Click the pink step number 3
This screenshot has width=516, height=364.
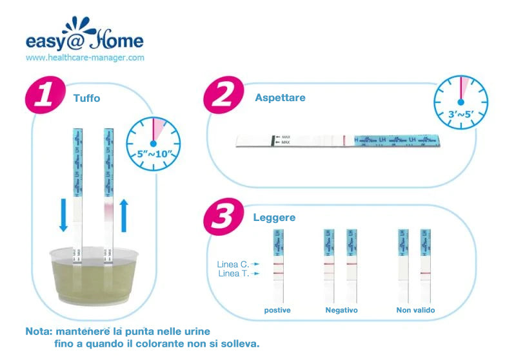click(x=221, y=216)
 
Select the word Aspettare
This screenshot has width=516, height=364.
click(x=280, y=98)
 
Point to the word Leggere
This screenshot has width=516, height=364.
click(x=274, y=218)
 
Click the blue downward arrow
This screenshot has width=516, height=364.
click(x=63, y=214)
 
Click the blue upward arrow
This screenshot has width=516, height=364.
click(x=126, y=214)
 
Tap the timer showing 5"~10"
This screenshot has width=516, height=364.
click(x=153, y=142)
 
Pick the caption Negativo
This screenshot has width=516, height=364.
click(x=341, y=311)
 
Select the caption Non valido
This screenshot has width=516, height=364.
click(x=415, y=311)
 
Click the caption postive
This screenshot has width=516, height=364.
click(x=277, y=311)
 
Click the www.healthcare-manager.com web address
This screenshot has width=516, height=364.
click(x=85, y=57)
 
